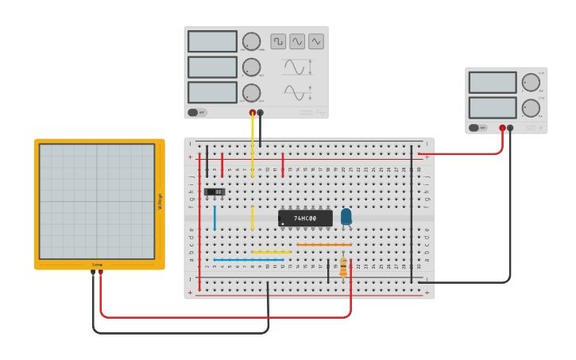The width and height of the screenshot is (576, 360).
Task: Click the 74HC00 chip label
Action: tap(305, 218)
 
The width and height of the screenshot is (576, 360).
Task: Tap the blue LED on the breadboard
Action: tap(346, 216)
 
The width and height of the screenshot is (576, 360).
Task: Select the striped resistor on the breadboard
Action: tap(343, 268)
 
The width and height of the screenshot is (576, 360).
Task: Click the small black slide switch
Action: tap(215, 192)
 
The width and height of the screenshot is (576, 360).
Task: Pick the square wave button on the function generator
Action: tap(278, 41)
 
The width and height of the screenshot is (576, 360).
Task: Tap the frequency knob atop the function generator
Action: tap(251, 42)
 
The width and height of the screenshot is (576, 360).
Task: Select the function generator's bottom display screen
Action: tap(212, 92)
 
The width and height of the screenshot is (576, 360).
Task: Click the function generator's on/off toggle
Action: tap(197, 112)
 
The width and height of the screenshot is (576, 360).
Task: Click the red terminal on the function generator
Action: tap(253, 113)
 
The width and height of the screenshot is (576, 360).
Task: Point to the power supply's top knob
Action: tap(530, 82)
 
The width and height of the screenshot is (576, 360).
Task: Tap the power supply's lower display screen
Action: tap(493, 107)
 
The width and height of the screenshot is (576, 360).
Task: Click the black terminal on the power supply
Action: tap(511, 127)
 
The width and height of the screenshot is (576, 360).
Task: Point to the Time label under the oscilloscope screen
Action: tap(97, 264)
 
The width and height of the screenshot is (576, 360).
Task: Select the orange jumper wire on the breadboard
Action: tap(323, 245)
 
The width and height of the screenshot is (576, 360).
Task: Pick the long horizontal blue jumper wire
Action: tap(249, 260)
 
